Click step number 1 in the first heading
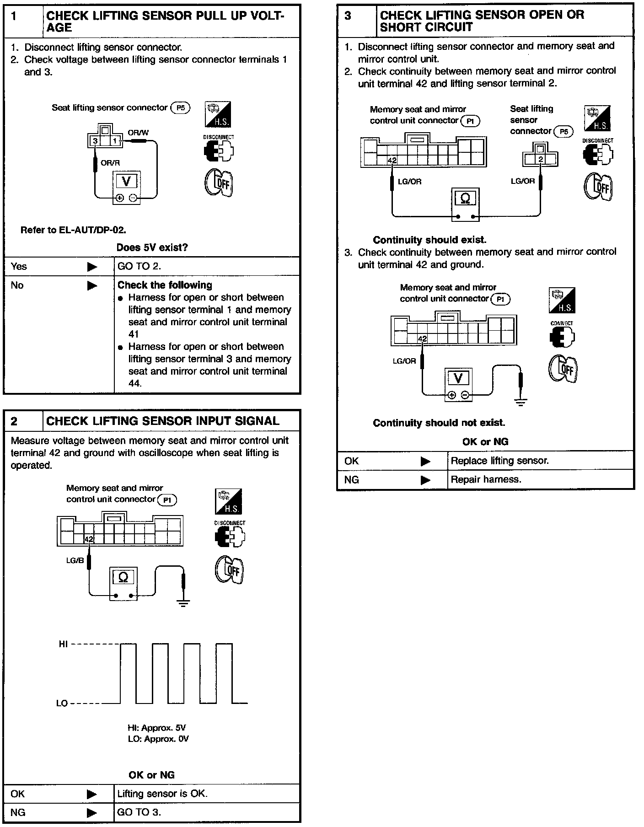[14, 16]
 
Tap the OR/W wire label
[138, 133]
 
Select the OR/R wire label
[110, 162]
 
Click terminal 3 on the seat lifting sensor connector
[95, 141]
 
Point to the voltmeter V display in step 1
[127, 181]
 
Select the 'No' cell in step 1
[17, 285]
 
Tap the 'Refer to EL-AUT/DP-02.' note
[73, 230]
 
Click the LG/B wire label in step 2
[75, 560]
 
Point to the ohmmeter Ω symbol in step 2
[123, 577]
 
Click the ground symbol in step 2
[183, 603]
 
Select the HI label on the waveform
[63, 644]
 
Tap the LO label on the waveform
[62, 703]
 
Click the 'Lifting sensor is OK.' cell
[162, 794]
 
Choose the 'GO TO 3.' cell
[139, 812]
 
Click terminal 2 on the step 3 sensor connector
[541, 159]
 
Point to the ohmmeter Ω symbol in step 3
[465, 199]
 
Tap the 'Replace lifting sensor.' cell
[499, 461]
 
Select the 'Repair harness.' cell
[486, 479]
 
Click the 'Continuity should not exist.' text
[439, 423]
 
